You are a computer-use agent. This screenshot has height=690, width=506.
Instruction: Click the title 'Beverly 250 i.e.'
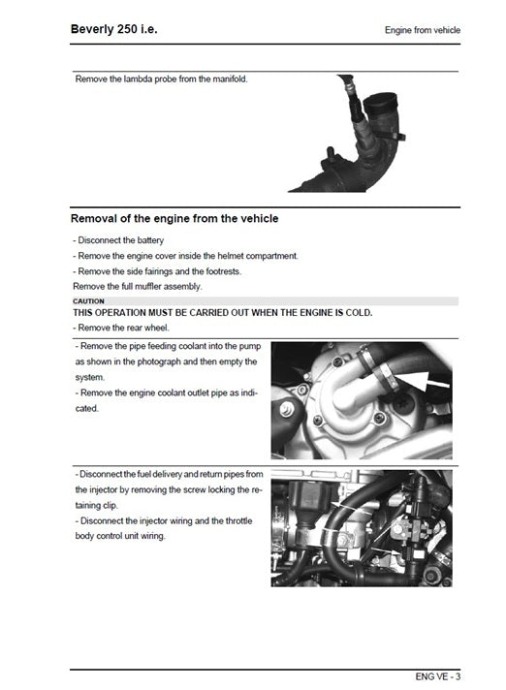pyautogui.click(x=113, y=29)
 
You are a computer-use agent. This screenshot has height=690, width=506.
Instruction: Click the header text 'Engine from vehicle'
pyautogui.click(x=422, y=31)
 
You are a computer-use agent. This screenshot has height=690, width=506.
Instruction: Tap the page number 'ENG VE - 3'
pyautogui.click(x=435, y=675)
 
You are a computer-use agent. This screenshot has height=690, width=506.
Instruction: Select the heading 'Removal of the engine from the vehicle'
pyautogui.click(x=174, y=219)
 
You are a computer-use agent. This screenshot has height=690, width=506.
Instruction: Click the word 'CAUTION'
pyautogui.click(x=88, y=301)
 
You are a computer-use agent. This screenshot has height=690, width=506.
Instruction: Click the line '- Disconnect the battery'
pyautogui.click(x=118, y=240)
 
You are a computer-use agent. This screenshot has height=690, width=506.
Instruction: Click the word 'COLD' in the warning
pyautogui.click(x=354, y=313)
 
